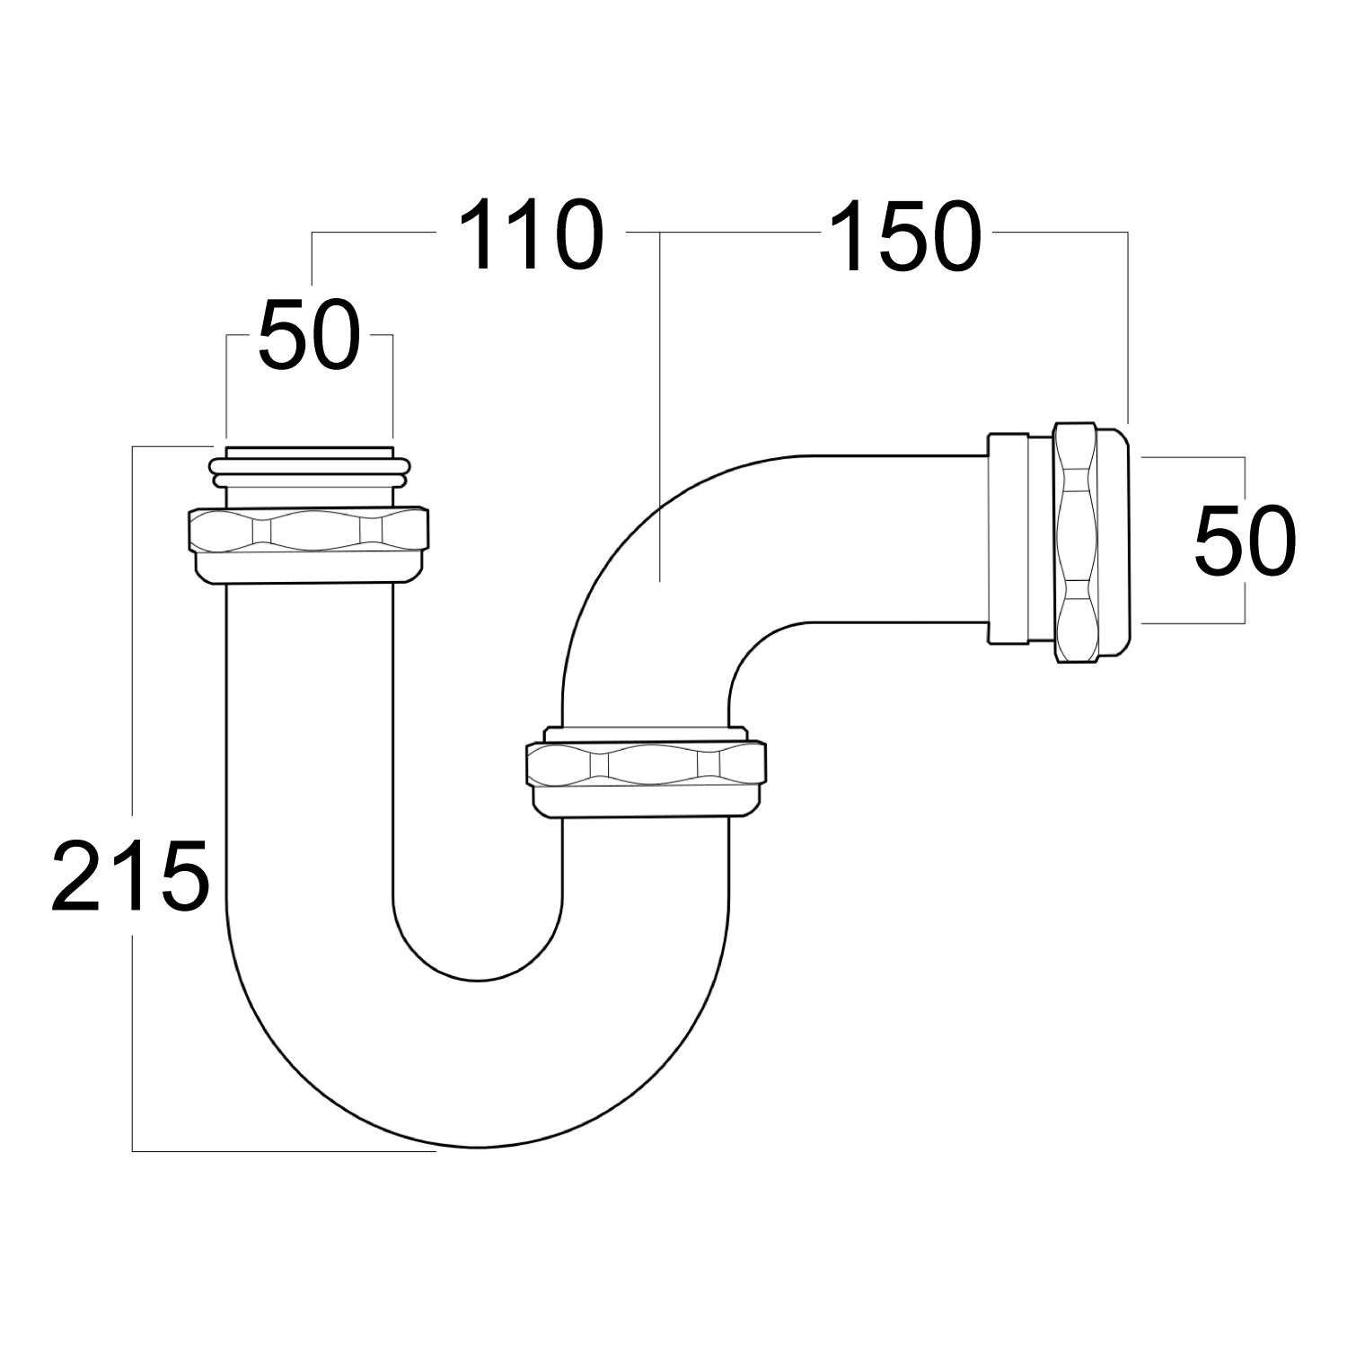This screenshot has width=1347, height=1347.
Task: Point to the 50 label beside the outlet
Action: (x=1245, y=541)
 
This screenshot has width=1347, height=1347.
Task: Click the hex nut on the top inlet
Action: (x=308, y=531)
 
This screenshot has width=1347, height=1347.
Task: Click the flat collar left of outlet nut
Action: (x=1008, y=539)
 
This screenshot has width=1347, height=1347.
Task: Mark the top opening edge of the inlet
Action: (x=309, y=449)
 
